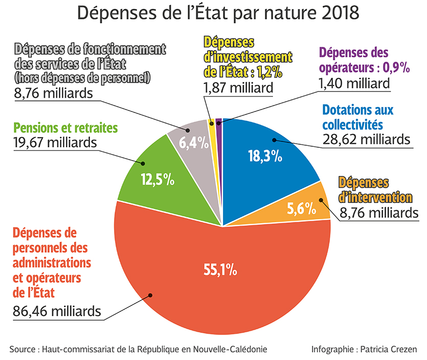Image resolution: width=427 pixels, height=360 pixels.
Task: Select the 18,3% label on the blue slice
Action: click(265, 156)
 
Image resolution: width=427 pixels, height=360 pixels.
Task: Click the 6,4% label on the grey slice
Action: click(194, 143)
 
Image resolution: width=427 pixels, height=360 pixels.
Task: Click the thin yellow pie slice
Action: click(211, 122)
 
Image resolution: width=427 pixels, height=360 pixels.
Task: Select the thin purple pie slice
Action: click(218, 121)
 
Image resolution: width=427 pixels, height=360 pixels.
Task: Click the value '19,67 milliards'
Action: click(53, 142)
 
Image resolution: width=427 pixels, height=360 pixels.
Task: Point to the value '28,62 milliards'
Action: click(367, 139)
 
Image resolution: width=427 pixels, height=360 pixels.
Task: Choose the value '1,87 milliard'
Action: click(238, 87)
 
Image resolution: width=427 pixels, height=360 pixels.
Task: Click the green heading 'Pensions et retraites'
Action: click(66, 127)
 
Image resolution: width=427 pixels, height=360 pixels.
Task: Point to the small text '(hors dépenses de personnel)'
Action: click(82, 78)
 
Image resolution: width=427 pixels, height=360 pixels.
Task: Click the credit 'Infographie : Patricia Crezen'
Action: click(364, 349)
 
